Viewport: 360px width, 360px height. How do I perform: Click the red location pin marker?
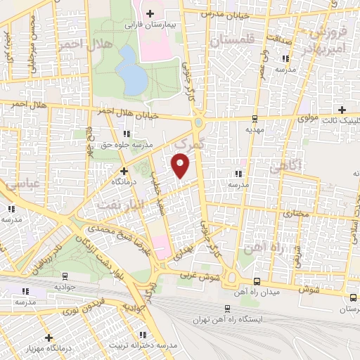[181, 166]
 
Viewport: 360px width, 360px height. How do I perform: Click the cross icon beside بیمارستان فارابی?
[149, 13]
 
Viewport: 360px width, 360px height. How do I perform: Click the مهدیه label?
[253, 130]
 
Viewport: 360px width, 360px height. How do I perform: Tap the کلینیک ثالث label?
[341, 121]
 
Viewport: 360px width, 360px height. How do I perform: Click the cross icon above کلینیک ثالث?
[342, 110]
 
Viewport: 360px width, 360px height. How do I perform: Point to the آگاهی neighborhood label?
[285, 167]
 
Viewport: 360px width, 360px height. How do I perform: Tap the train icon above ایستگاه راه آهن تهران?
[226, 307]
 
